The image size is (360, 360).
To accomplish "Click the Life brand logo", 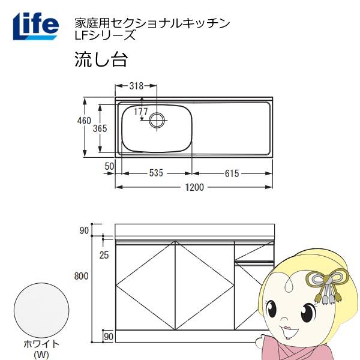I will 35,25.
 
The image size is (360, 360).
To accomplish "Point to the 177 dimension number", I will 140,112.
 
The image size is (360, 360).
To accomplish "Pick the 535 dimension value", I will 156,174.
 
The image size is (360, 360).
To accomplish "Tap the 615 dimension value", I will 232,174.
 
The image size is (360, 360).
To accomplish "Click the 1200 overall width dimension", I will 194,188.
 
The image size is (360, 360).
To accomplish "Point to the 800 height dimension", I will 82,276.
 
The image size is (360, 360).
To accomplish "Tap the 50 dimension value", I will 109,165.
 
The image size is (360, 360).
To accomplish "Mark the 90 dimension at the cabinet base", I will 109,336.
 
